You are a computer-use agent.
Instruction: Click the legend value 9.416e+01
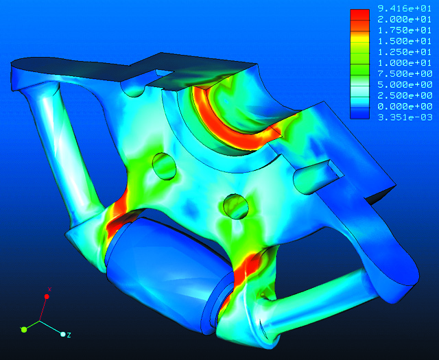pyautogui.click(x=405, y=9)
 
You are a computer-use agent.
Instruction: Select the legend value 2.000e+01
pyautogui.click(x=405, y=20)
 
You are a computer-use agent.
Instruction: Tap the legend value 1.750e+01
pyautogui.click(x=405, y=30)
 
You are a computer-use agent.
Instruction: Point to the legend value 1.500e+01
pyautogui.click(x=405, y=41)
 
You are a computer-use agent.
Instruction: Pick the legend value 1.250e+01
pyautogui.click(x=405, y=52)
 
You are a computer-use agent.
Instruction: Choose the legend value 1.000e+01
pyautogui.click(x=405, y=63)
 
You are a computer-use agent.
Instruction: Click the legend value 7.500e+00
pyautogui.click(x=405, y=74)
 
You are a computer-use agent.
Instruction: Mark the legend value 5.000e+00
pyautogui.click(x=405, y=85)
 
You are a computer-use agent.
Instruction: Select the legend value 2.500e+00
pyautogui.click(x=405, y=96)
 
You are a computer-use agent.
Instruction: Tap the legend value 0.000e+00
pyautogui.click(x=405, y=107)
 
